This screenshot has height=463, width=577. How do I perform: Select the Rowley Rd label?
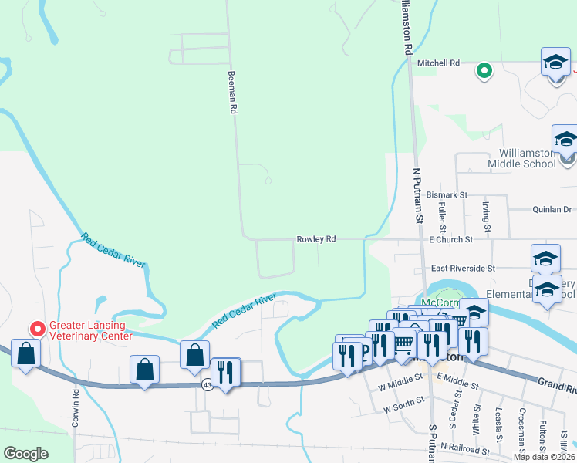tap(316, 239)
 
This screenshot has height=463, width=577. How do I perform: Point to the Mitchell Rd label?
tap(438, 63)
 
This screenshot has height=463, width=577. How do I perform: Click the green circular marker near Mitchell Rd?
tap(484, 71)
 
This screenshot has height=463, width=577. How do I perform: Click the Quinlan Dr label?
tap(552, 209)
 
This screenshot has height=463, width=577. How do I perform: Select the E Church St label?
tap(450, 240)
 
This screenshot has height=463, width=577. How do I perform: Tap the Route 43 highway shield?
tap(207, 384)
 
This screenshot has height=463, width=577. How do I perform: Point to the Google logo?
tap(26, 454)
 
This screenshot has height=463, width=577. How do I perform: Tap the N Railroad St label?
tap(465, 448)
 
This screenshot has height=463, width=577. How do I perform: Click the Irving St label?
tap(487, 216)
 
